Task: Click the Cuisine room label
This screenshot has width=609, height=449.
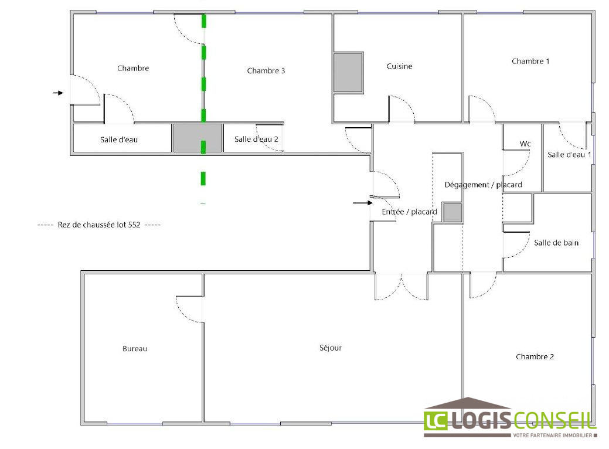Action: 399,66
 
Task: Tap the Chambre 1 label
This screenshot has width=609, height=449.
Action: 530,61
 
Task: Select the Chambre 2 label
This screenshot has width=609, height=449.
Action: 535,356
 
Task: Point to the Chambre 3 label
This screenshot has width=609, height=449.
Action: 266,71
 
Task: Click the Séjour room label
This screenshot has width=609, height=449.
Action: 331,348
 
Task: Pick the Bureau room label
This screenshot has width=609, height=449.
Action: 135,349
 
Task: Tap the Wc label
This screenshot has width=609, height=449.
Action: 525,144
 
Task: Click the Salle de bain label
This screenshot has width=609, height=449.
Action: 556,243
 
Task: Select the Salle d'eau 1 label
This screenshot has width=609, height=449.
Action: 569,155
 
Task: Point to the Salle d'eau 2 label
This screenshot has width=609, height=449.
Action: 256,139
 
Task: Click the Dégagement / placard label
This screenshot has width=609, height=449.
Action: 483,185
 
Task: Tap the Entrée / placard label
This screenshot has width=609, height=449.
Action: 409,212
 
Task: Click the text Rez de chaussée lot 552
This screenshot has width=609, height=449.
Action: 99,225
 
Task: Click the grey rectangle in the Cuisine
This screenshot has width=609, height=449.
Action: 348,73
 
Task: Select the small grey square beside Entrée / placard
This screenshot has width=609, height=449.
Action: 453,212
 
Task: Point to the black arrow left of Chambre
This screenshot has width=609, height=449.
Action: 58,93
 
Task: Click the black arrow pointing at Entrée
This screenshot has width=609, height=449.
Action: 363,203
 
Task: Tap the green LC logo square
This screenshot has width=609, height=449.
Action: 436,420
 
